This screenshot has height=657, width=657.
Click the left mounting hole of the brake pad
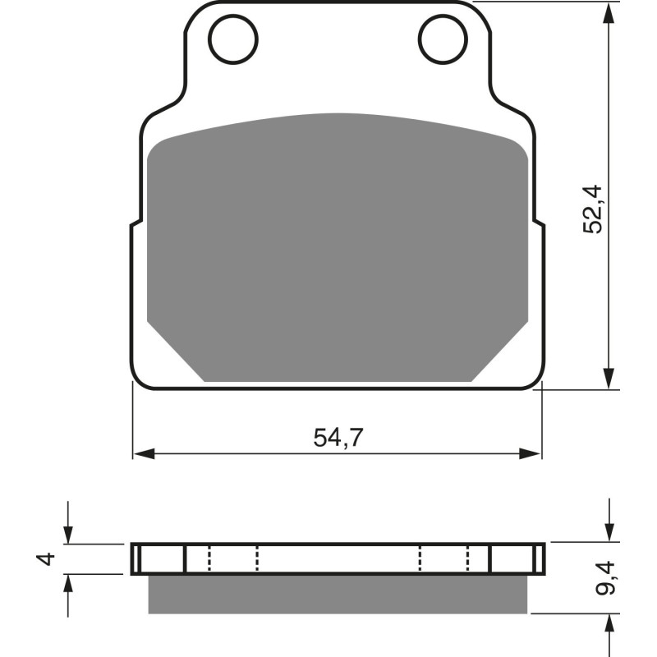[x=233, y=38]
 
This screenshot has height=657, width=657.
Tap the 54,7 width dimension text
[x=338, y=438]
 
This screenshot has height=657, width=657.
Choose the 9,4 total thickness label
[x=607, y=578]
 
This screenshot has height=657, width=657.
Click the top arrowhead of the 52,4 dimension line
[x=609, y=12]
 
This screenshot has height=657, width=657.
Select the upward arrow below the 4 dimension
[x=68, y=586]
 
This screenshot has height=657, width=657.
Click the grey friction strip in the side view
[x=338, y=594]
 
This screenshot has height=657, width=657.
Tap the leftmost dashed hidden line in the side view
[x=209, y=559]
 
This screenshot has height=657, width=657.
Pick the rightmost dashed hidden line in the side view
[x=468, y=559]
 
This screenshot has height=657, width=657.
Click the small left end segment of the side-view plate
[x=136, y=559]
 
